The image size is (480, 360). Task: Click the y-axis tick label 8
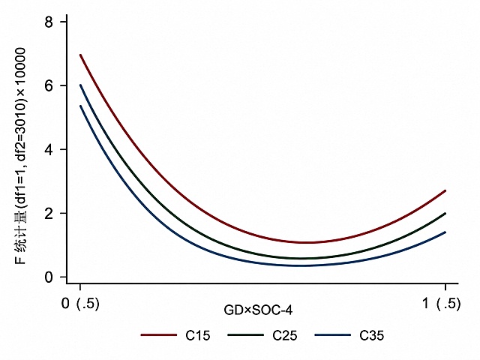49,22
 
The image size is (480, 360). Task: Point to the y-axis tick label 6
49,85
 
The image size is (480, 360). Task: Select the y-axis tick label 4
49,149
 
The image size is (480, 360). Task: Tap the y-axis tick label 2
49,213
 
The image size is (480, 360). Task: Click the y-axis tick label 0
49,277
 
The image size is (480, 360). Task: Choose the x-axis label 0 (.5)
80,304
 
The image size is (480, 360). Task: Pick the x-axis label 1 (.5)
442,304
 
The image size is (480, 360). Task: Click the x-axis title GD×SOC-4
258,310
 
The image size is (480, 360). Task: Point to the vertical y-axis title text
20,156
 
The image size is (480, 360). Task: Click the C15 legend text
198,336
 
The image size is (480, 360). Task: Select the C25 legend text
285,336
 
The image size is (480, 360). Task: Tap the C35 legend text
372,336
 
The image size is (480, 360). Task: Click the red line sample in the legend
159,335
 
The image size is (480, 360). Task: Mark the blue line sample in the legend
333,335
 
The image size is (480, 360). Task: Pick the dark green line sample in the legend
246,335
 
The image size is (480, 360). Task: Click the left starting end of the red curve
80,55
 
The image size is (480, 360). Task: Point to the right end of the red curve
445,190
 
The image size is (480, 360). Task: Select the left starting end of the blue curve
80,106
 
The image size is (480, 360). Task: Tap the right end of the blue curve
445,232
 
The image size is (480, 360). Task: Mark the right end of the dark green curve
445,213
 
